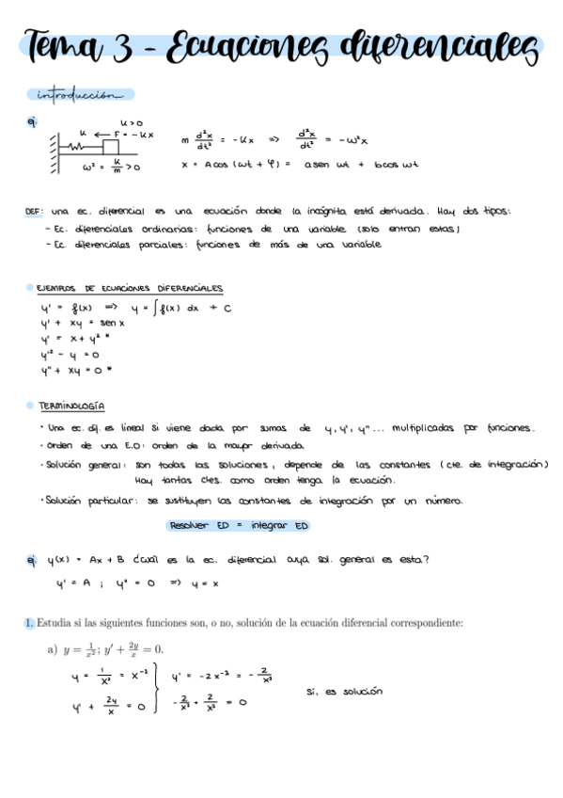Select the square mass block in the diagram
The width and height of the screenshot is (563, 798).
(x=111, y=145)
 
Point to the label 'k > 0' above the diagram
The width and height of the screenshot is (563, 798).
(x=132, y=122)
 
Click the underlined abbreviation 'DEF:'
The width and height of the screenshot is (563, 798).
(x=36, y=212)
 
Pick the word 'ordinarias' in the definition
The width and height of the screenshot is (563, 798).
(x=148, y=228)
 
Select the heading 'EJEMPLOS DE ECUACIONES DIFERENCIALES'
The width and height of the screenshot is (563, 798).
(x=130, y=288)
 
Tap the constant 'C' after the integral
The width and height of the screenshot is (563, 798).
(x=227, y=307)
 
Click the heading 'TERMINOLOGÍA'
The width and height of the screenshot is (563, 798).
(x=70, y=405)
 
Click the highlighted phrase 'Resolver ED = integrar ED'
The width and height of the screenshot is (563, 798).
(x=238, y=525)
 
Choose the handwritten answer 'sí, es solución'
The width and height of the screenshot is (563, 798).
(x=345, y=691)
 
